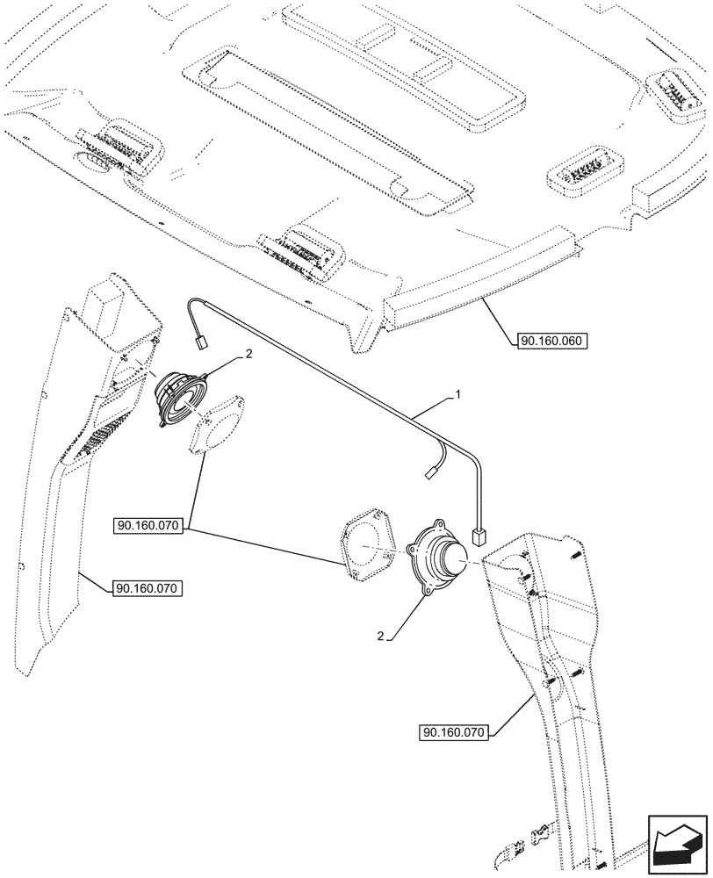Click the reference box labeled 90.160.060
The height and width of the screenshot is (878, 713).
click(551, 342)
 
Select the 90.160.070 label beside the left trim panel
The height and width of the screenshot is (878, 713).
click(147, 588)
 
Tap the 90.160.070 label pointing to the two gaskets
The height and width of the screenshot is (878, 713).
click(147, 526)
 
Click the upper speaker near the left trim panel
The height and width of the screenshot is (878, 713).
click(180, 398)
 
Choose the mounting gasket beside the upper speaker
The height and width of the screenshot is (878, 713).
click(219, 423)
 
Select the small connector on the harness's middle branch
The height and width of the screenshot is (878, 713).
click(430, 471)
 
